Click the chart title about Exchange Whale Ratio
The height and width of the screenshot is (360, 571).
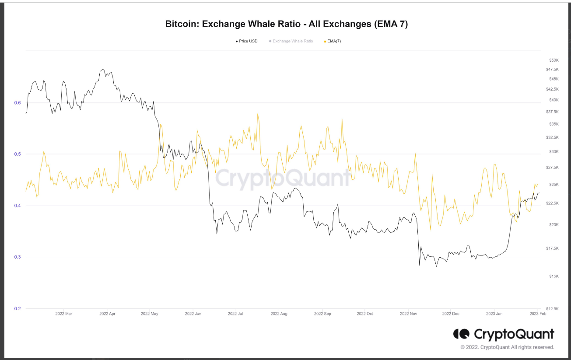click(286, 24)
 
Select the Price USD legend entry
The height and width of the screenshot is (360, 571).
click(246, 41)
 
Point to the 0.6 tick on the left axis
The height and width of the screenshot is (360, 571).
click(18, 103)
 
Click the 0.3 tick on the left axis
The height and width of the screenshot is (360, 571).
click(18, 257)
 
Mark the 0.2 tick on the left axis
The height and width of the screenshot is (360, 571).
click(18, 308)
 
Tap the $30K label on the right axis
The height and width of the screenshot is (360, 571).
click(554, 152)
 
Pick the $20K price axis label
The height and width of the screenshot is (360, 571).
click(554, 224)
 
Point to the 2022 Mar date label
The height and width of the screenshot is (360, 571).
click(64, 314)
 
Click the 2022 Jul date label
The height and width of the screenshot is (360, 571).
click(235, 314)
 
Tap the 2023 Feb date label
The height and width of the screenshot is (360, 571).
click(537, 314)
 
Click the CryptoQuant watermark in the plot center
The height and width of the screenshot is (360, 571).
click(283, 178)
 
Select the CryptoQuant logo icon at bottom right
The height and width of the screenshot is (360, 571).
click(461, 334)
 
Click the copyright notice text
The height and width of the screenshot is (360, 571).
click(507, 347)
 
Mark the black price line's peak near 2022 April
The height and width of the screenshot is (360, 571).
click(102, 69)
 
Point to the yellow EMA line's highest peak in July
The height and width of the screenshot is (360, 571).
click(258, 114)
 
